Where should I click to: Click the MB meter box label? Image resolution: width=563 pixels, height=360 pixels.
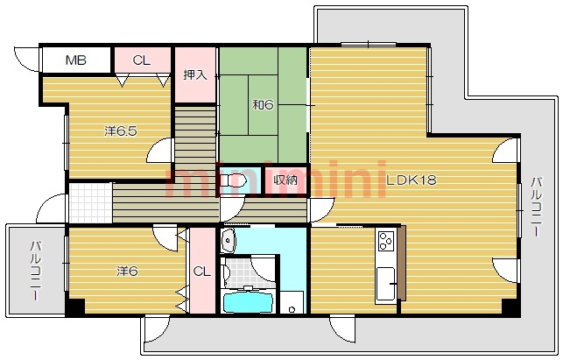coord(76,60)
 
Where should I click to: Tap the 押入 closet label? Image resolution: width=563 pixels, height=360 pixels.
coord(195,74)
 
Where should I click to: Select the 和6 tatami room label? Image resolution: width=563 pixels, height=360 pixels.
coord(264,105)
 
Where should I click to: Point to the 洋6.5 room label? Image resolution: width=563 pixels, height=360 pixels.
coord(121,131)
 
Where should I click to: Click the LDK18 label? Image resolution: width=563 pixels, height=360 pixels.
coord(412,180)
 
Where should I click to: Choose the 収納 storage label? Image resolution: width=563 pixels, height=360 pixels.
coord(285,180)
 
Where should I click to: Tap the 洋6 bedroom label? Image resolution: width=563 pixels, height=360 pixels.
coord(127,271)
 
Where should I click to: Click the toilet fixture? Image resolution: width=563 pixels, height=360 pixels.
coord(233,180)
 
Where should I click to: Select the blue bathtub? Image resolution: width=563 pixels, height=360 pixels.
coord(248,302)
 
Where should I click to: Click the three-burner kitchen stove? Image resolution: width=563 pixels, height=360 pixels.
coord(386,240)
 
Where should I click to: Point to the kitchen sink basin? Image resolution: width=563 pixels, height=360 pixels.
coord(385,284)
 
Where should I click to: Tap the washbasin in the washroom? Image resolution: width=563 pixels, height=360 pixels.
coord(229,240)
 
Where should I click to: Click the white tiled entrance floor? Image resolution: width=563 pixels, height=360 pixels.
coord(90,203)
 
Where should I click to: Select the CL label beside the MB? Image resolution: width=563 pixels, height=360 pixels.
coord(142,60)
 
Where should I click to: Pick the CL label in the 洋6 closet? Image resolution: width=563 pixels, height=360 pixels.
coord(201,272)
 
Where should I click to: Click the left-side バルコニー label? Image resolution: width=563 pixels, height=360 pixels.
coord(35,271)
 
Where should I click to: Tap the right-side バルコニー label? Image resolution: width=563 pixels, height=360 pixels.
coord(537,207)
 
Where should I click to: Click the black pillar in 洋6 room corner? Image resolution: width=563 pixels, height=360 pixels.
coord(74,307)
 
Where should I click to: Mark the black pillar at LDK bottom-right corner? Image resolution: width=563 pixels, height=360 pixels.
coord(510,307)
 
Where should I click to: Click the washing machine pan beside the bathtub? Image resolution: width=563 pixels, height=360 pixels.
coord(292,302)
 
